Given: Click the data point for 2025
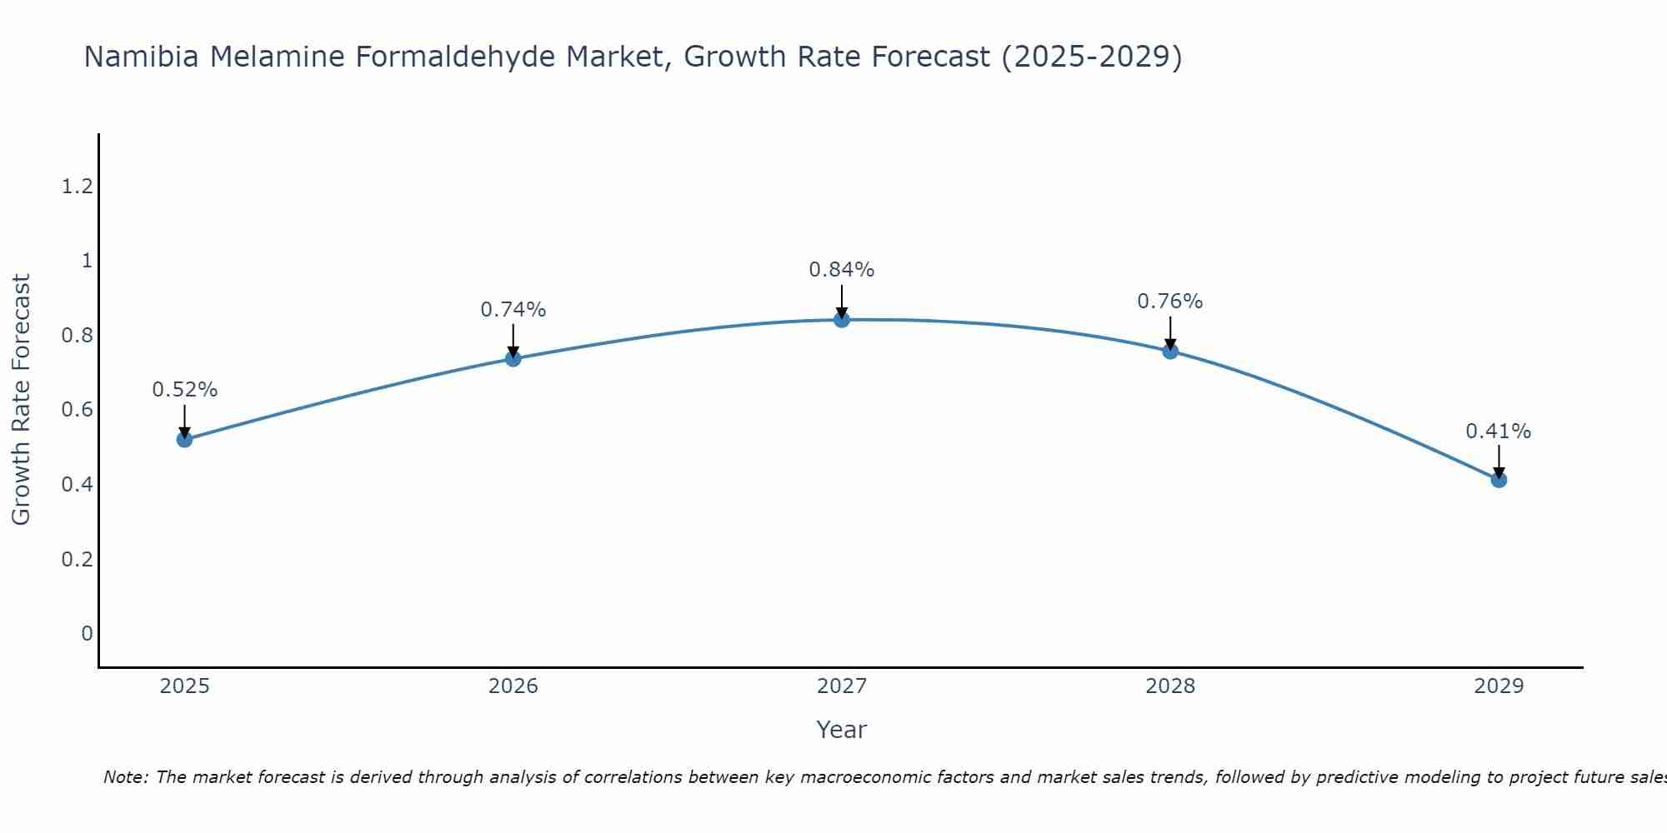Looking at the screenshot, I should pos(184,439).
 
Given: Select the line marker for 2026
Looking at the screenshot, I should pos(513,358).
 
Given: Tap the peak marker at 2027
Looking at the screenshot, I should pos(842,319).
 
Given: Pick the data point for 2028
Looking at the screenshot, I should pos(1170,351).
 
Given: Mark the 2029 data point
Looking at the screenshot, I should pos(1499,480).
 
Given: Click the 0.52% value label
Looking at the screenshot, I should pos(184,390).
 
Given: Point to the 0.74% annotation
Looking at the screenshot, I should pos(513,310).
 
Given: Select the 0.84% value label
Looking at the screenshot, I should pos(842,270).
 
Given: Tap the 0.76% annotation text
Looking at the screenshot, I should pos(1170,302).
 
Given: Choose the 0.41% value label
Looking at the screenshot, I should pos(1499,431).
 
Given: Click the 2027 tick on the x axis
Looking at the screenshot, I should pos(842,686).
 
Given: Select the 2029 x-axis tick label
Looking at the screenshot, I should pos(1499,686).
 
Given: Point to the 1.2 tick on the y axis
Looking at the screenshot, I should pos(77,187).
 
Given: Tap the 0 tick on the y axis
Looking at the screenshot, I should pos(87,634).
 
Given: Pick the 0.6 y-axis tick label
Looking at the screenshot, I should pos(77,410).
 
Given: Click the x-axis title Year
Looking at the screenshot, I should pos(842,730).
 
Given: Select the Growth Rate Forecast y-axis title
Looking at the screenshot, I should pos(22,399).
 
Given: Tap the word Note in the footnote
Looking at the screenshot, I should pos(125,777).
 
